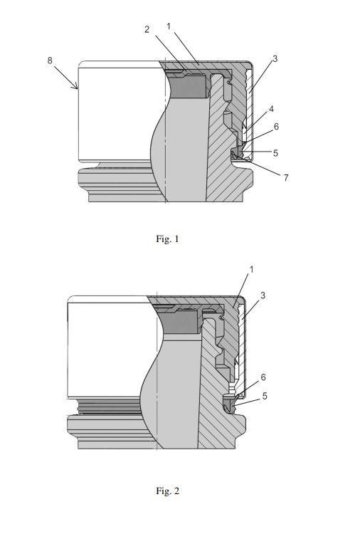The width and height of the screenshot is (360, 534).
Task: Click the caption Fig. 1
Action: pyautogui.click(x=167, y=239)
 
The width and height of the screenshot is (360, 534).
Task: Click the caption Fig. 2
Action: pyautogui.click(x=167, y=491)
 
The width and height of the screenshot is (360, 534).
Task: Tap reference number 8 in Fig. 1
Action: pyautogui.click(x=50, y=61)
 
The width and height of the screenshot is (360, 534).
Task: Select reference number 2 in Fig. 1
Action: pyautogui.click(x=147, y=29)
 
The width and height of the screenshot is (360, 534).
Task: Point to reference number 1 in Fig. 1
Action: pyautogui.click(x=169, y=26)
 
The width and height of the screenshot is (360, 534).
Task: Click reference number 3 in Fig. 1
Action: pyautogui.click(x=275, y=58)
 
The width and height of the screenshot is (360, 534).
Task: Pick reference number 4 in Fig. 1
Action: pyautogui.click(x=271, y=109)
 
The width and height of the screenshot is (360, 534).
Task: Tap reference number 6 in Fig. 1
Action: pyautogui.click(x=276, y=127)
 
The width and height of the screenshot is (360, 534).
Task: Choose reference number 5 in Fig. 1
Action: pyautogui.click(x=275, y=153)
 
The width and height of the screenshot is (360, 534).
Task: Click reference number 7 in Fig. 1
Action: pyautogui.click(x=286, y=177)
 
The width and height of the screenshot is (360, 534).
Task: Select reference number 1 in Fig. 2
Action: pyautogui.click(x=251, y=270)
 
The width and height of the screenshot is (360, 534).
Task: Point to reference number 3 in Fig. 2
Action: pyautogui.click(x=263, y=295)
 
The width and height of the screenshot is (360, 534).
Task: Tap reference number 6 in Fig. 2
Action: pyautogui.click(x=263, y=377)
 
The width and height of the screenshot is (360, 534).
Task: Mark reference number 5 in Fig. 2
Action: pyautogui.click(x=265, y=396)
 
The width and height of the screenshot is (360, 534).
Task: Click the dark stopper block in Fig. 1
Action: pyautogui.click(x=188, y=86)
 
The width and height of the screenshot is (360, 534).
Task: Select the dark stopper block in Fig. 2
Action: pyautogui.click(x=180, y=323)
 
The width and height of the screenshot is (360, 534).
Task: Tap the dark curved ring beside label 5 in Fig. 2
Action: pyautogui.click(x=230, y=405)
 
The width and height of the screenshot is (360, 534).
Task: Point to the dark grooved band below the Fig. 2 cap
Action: pyautogui.click(x=110, y=407)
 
